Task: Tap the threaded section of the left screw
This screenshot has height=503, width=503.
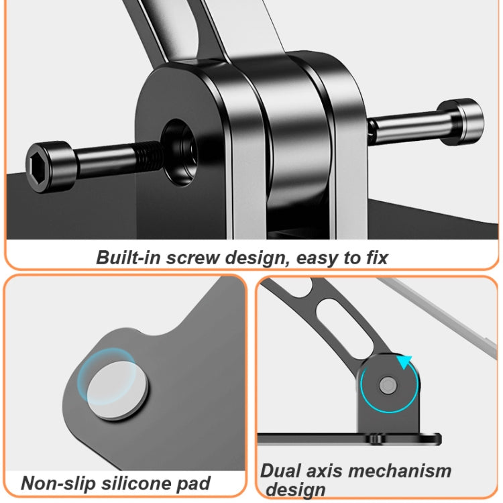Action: pos(149,154)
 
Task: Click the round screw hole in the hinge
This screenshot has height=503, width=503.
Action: pos(179,152)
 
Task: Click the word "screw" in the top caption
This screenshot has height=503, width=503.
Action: pos(192,258)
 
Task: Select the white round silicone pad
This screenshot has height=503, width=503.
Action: pos(117,390)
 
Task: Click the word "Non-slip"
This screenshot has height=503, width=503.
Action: pos(58,483)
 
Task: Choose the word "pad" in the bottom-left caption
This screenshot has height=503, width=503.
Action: pos(193,484)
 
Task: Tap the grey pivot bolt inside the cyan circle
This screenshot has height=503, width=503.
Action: pos(388,385)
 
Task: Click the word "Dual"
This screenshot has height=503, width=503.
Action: pos(280,471)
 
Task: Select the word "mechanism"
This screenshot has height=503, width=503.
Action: pos(400,471)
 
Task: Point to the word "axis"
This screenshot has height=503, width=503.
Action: pos(324,471)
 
